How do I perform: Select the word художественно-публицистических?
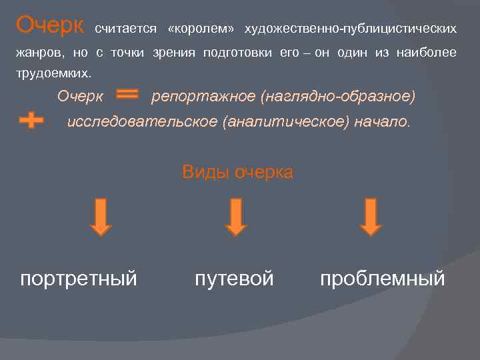pyautogui.click(x=351, y=29)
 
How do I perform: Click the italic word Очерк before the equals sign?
pyautogui.click(x=80, y=97)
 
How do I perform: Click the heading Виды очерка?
pyautogui.click(x=237, y=172)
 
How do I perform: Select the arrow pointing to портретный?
pyautogui.click(x=101, y=217)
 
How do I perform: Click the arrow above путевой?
pyautogui.click(x=235, y=217)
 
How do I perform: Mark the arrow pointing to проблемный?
pyautogui.click(x=371, y=217)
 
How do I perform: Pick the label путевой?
pyautogui.click(x=234, y=278)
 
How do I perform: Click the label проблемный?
pyautogui.click(x=382, y=278)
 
